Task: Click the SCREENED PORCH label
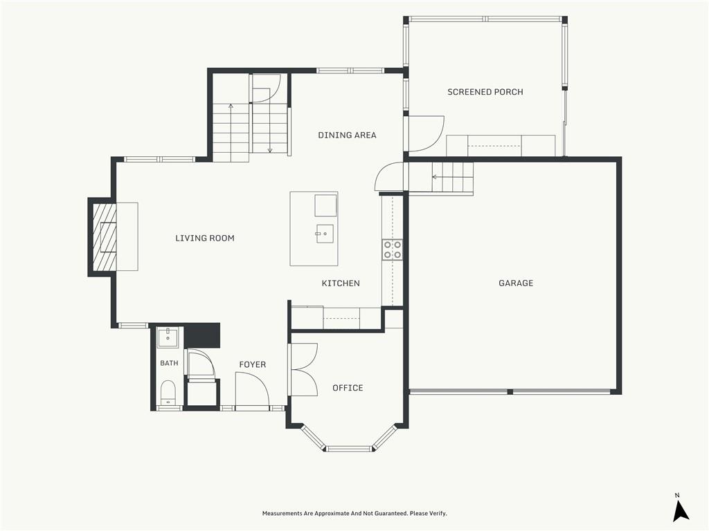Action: [x=485, y=92]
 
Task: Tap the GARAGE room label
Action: [x=516, y=283]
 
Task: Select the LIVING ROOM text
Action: [x=205, y=238]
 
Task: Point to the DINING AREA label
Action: [x=348, y=135]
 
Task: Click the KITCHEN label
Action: [x=341, y=283]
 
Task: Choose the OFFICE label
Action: [x=348, y=388]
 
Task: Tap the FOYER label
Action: [x=252, y=364]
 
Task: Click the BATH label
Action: [x=169, y=363]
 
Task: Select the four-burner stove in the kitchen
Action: [x=393, y=250]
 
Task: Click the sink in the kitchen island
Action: [x=325, y=234]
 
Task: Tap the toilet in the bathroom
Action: [x=168, y=393]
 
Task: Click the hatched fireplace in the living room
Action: [x=105, y=237]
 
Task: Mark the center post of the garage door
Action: [x=510, y=391]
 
